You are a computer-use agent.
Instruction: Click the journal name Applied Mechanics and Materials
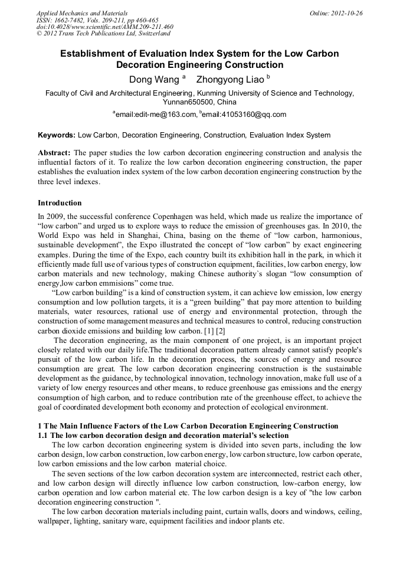[83, 13]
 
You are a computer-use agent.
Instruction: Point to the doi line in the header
[105, 27]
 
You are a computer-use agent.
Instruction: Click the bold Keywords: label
[57, 135]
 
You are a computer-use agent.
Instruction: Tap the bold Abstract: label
[54, 153]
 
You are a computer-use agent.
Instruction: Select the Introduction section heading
[60, 203]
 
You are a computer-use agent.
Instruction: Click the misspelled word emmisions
[119, 283]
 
